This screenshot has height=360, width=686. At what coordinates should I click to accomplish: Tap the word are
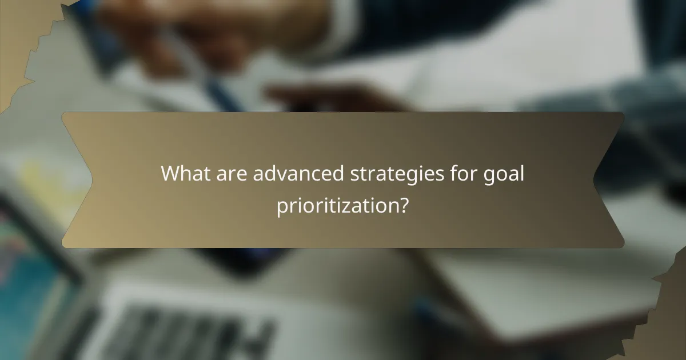pos(232,173)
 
